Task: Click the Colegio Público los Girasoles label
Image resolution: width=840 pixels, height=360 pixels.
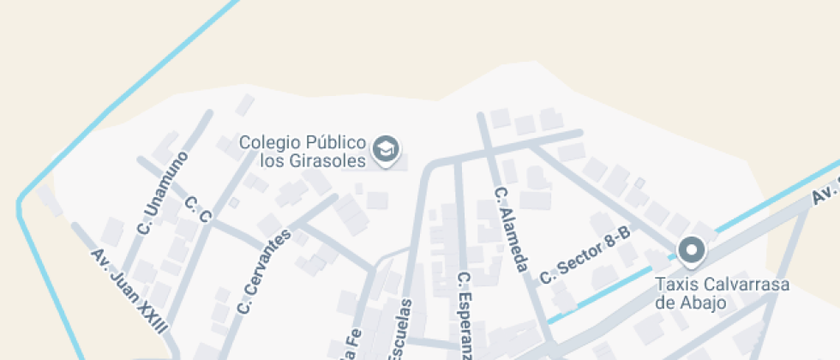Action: pyautogui.click(x=303, y=151)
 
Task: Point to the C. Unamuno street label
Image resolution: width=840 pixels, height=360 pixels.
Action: pyautogui.click(x=162, y=195)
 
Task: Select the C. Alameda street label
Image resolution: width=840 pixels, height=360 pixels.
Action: pyautogui.click(x=511, y=231)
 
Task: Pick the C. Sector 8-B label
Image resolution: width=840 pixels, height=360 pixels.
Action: pyautogui.click(x=585, y=255)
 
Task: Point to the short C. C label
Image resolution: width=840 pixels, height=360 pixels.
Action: pyautogui.click(x=198, y=210)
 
